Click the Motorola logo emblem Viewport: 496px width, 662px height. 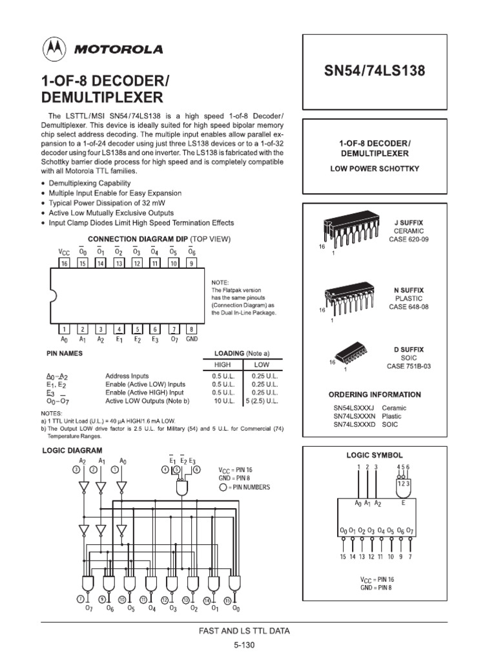click(x=54, y=49)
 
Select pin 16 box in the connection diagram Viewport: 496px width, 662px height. click(x=64, y=263)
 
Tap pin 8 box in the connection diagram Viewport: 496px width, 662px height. click(x=191, y=328)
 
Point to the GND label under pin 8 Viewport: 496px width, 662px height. click(x=192, y=339)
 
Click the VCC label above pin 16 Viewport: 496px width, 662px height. click(x=64, y=251)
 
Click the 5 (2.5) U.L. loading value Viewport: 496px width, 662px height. click(x=262, y=401)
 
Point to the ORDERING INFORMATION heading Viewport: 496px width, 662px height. click(x=374, y=394)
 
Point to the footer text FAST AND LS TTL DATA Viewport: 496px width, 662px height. click(x=247, y=630)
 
